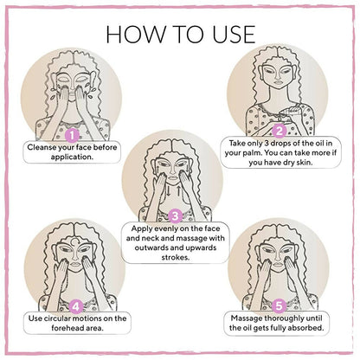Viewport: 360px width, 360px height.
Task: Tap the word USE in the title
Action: [x=234, y=35]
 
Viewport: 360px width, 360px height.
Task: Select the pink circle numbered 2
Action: [x=279, y=132]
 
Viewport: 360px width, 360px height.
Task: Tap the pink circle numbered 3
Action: [x=175, y=215]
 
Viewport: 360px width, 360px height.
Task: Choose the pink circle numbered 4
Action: [x=76, y=306]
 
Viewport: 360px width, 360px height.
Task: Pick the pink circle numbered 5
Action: [x=279, y=305]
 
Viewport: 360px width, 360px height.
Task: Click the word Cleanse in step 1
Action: [x=42, y=147]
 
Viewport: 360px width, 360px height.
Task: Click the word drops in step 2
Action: [x=278, y=144]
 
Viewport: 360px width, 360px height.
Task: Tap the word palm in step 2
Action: [x=250, y=152]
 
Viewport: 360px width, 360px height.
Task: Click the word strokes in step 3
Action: [x=176, y=257]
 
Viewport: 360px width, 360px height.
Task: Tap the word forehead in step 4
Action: [x=68, y=328]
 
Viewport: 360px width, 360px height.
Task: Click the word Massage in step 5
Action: [x=247, y=318]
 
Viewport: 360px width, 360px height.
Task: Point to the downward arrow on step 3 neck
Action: [x=168, y=191]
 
